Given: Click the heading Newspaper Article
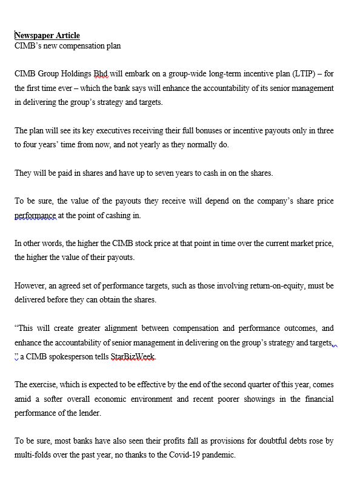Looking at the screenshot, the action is [47, 36].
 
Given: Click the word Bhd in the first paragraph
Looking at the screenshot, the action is [101, 74].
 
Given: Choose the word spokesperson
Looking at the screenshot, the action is [79, 357].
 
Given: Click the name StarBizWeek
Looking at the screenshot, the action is [133, 357].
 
